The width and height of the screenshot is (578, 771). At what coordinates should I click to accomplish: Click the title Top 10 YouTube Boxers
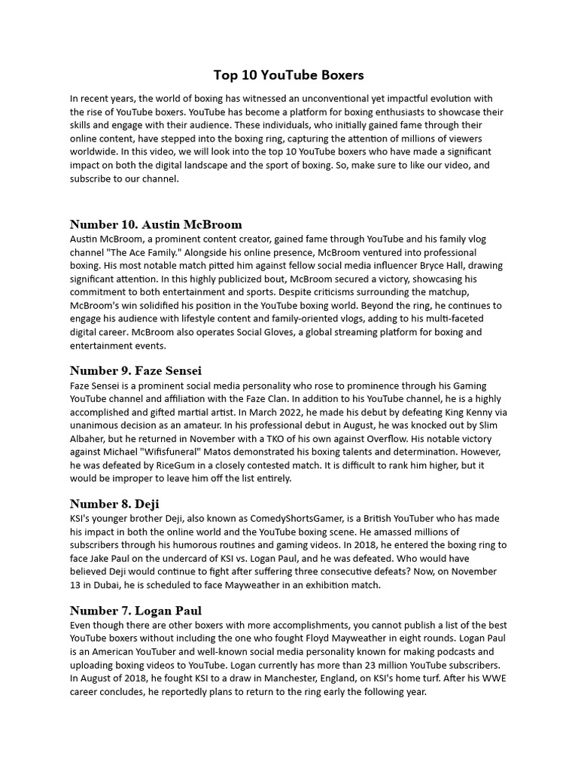(x=289, y=75)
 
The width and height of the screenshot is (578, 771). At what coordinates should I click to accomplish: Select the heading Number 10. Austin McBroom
(x=156, y=224)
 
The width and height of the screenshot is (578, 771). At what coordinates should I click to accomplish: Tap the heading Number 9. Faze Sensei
(x=135, y=370)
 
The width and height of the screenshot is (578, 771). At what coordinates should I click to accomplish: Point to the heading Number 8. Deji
(x=114, y=504)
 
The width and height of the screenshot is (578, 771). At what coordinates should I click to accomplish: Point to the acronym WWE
(x=485, y=679)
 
